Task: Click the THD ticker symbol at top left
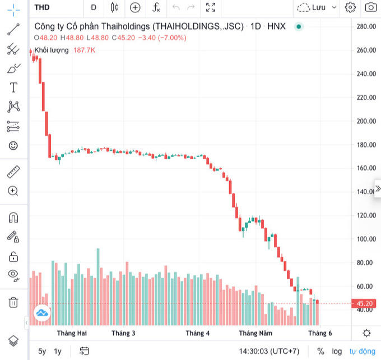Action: [x=42, y=7]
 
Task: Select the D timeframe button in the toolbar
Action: [x=94, y=7]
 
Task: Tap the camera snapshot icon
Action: [x=370, y=7]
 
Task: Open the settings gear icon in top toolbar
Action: [x=350, y=7]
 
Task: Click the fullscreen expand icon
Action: [x=211, y=7]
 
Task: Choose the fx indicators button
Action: [x=156, y=7]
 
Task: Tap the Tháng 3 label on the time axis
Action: [x=123, y=333]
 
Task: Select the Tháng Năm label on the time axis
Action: [x=255, y=333]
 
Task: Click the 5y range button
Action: [x=43, y=352]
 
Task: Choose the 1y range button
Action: [x=58, y=352]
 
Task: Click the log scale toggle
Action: [x=337, y=352]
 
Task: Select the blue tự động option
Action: [x=363, y=352]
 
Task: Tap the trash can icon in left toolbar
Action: [x=13, y=302]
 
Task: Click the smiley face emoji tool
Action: [x=13, y=146]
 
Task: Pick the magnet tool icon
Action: [x=13, y=217]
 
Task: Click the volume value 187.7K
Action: [x=85, y=50]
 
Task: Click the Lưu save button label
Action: [x=319, y=7]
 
